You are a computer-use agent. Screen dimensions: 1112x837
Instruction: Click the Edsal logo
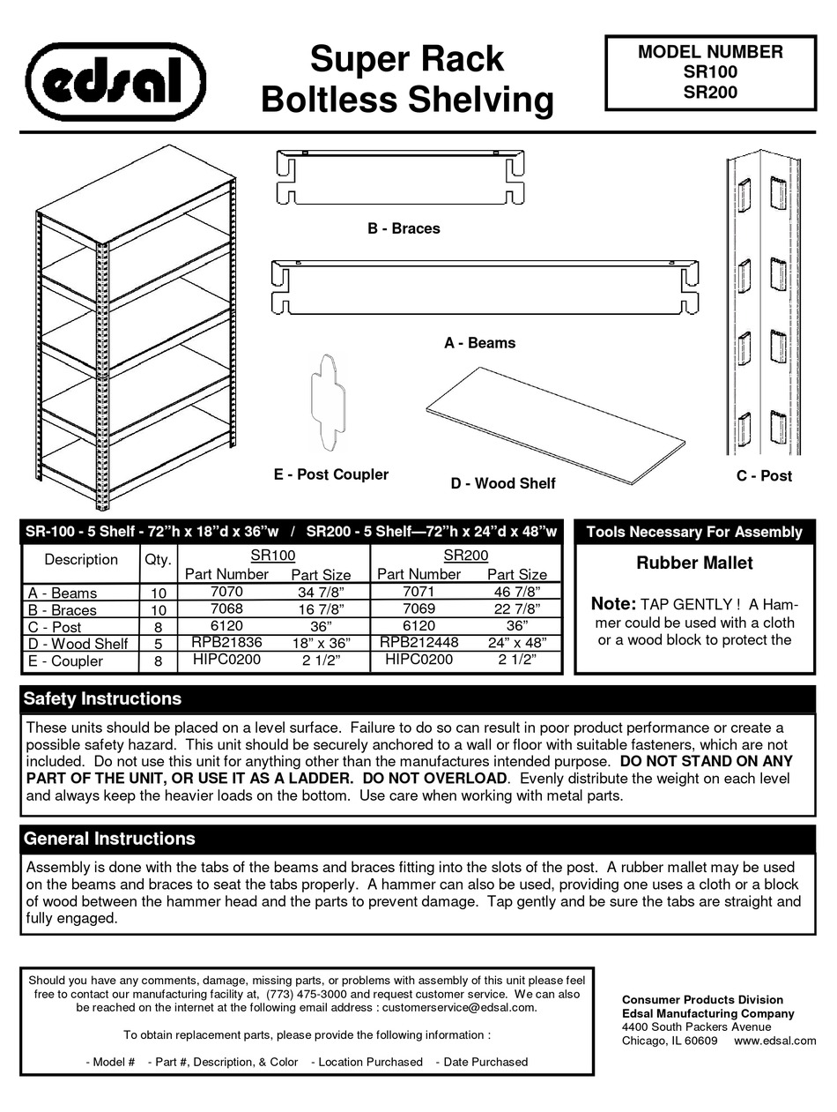pyautogui.click(x=115, y=85)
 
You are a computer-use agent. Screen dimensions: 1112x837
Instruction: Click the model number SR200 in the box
pyautogui.click(x=709, y=92)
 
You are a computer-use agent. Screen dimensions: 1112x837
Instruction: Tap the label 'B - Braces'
pyautogui.click(x=404, y=228)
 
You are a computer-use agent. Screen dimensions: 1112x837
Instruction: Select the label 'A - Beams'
pyautogui.click(x=479, y=343)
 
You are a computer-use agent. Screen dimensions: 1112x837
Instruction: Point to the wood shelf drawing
pyautogui.click(x=556, y=424)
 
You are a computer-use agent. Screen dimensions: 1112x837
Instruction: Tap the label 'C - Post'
pyautogui.click(x=764, y=476)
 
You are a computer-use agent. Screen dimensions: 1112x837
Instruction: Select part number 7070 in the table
pyautogui.click(x=226, y=592)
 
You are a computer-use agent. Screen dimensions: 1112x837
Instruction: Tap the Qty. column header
pyautogui.click(x=158, y=559)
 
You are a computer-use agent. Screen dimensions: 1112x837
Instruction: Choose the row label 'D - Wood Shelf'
pyautogui.click(x=77, y=644)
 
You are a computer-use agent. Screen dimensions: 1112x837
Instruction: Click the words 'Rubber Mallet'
pyautogui.click(x=694, y=563)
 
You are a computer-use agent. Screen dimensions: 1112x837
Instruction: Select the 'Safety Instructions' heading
pyautogui.click(x=102, y=698)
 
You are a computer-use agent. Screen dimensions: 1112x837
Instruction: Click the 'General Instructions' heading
pyautogui.click(x=109, y=838)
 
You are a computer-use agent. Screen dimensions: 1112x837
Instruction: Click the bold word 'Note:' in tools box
pyautogui.click(x=613, y=605)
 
